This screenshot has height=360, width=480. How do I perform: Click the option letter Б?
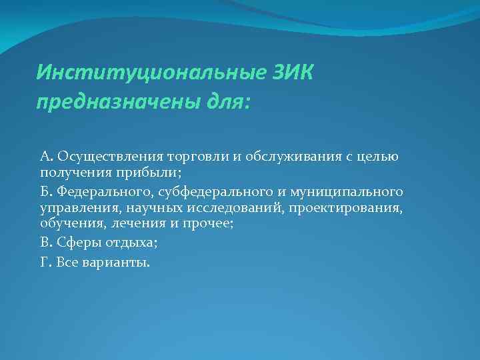click(x=45, y=192)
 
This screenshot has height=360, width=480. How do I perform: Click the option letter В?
click(x=45, y=244)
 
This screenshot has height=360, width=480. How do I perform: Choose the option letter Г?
click(x=45, y=261)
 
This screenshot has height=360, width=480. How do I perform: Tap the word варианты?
click(x=117, y=261)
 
